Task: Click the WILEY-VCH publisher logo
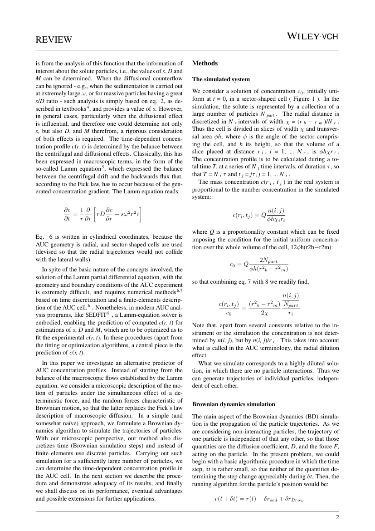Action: point(313,36)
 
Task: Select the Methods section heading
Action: point(205,64)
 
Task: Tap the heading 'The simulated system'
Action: point(221,79)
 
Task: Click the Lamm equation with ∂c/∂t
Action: point(103,215)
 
